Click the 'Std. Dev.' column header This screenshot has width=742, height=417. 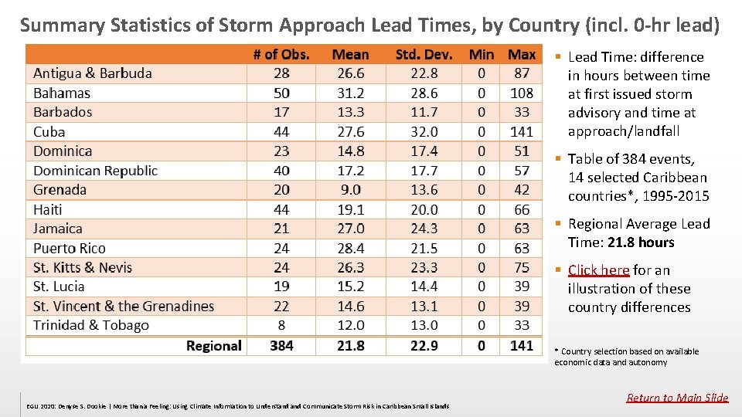(x=424, y=55)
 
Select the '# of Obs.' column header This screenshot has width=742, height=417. (x=281, y=55)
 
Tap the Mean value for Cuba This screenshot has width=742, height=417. (x=350, y=132)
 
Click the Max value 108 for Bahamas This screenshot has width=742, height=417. (x=522, y=93)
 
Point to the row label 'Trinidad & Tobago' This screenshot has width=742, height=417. (x=91, y=325)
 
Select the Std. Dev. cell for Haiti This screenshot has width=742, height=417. (x=424, y=209)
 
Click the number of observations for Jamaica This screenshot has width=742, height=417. (x=281, y=229)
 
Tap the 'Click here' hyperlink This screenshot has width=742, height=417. (x=598, y=270)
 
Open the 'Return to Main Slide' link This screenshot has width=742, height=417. (x=677, y=398)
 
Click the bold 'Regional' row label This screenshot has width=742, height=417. (x=213, y=345)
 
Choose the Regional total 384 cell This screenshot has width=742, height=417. (x=281, y=345)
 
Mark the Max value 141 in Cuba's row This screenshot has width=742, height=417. (x=522, y=132)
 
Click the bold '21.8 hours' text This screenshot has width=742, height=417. (x=642, y=242)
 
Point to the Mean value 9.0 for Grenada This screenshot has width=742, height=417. (x=350, y=190)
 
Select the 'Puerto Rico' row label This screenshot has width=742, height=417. (x=70, y=248)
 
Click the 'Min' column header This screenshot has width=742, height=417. (x=482, y=55)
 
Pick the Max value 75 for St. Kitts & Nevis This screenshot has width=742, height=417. (x=522, y=267)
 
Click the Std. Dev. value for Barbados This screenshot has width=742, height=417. (x=424, y=113)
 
